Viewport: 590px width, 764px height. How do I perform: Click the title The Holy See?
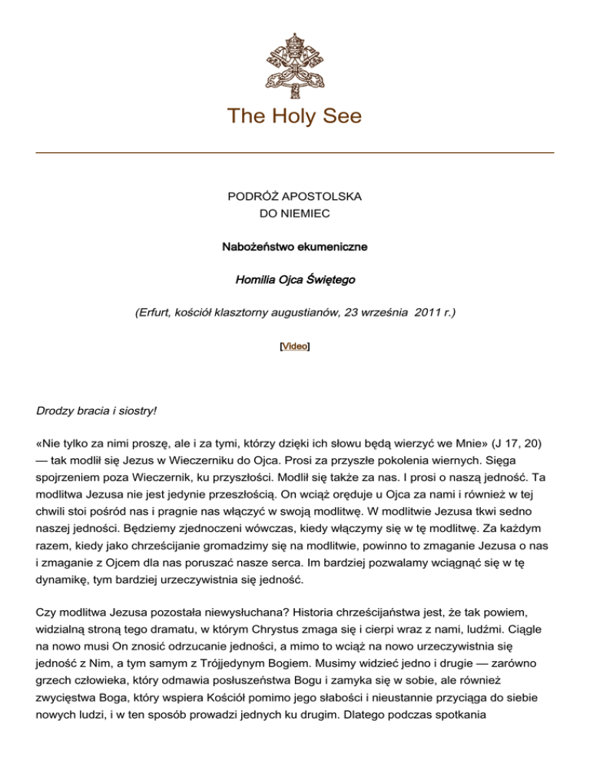coord(295,116)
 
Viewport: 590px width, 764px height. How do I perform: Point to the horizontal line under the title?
coord(295,153)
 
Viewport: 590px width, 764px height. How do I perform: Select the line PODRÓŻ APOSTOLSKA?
coord(295,197)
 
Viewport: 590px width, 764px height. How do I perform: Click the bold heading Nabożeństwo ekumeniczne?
coord(295,247)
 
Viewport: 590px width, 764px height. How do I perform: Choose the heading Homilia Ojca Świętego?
coord(295,280)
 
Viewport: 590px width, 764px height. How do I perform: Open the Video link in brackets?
coord(295,347)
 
